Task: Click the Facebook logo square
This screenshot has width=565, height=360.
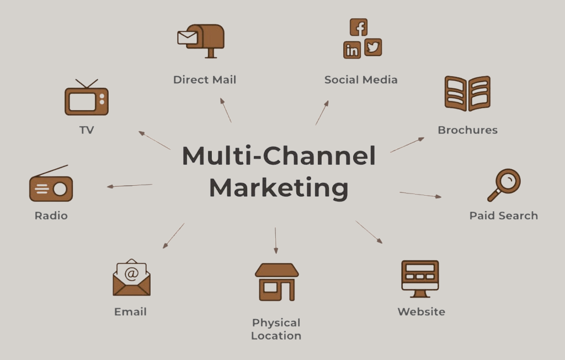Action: click(x=359, y=27)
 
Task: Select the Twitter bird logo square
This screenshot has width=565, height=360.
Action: click(x=373, y=47)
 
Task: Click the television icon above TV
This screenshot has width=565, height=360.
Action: click(x=87, y=99)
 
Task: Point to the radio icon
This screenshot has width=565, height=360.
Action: click(x=51, y=186)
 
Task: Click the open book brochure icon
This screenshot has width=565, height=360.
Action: click(x=467, y=93)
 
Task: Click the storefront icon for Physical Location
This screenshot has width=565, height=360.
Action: click(x=276, y=281)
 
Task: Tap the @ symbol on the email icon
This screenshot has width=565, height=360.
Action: click(x=131, y=272)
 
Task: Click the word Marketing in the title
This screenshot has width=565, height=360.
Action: click(x=279, y=187)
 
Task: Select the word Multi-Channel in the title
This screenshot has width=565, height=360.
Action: click(x=279, y=156)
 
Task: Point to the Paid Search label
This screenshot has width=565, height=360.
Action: click(x=503, y=216)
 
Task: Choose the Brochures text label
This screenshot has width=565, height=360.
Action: click(x=467, y=130)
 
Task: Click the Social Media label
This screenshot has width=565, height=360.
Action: click(x=361, y=79)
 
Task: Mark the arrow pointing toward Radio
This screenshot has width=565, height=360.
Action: click(x=129, y=186)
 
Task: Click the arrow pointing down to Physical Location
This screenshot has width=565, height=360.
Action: click(x=275, y=240)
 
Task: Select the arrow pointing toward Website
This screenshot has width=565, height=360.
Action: click(x=369, y=232)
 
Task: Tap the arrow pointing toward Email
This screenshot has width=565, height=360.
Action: click(x=173, y=236)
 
